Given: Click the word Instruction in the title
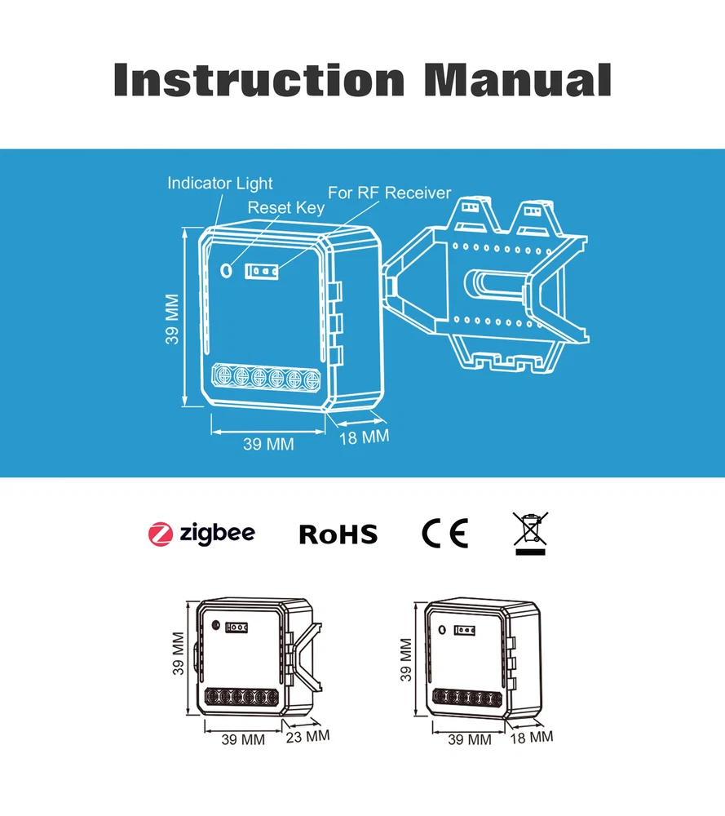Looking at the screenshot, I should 259,79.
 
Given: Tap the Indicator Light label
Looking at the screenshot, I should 219,183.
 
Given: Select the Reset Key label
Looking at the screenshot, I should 285,208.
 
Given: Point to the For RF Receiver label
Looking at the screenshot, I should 389,193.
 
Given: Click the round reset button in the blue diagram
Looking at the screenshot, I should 227,268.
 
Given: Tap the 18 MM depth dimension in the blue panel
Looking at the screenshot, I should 364,437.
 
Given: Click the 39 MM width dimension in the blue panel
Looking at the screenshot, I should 268,445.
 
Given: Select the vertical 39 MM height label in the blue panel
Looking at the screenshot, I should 172,319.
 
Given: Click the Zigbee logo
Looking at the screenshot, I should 201,534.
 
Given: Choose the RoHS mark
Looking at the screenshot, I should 338,534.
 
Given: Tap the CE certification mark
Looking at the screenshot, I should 444,534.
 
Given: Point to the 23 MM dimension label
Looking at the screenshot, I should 307,736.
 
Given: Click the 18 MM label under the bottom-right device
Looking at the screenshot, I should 531,737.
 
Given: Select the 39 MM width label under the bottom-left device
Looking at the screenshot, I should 243,741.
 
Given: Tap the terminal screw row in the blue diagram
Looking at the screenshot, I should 266,377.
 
